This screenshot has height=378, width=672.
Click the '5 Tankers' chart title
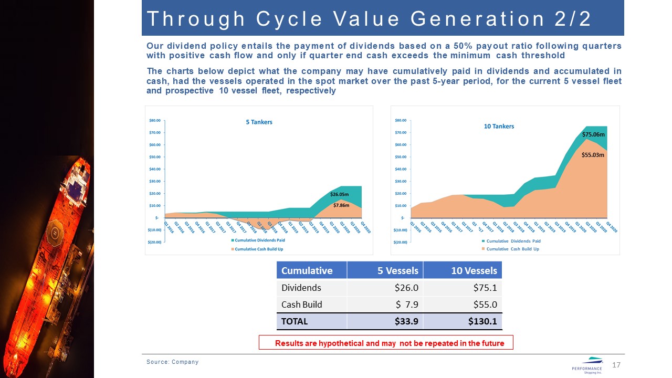click(x=259, y=122)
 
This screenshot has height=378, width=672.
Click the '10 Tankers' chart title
click(x=499, y=127)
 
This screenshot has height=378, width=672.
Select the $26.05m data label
click(x=340, y=194)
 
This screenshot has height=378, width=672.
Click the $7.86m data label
click(x=341, y=205)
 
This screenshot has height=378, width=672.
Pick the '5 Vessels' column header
click(x=398, y=271)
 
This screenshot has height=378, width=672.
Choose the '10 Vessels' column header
click(x=474, y=271)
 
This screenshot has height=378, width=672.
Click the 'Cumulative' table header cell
click(x=307, y=271)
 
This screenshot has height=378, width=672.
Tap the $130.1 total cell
click(x=481, y=321)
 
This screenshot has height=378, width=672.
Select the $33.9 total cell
click(x=406, y=321)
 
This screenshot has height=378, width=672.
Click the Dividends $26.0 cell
click(x=407, y=288)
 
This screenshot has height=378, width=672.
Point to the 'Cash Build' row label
click(x=302, y=304)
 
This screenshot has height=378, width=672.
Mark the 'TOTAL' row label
click(x=295, y=321)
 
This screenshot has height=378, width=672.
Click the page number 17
click(x=617, y=365)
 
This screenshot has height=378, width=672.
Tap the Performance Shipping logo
click(x=587, y=365)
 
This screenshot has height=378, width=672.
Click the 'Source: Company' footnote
click(x=172, y=362)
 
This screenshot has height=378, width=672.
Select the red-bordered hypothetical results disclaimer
click(x=386, y=343)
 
